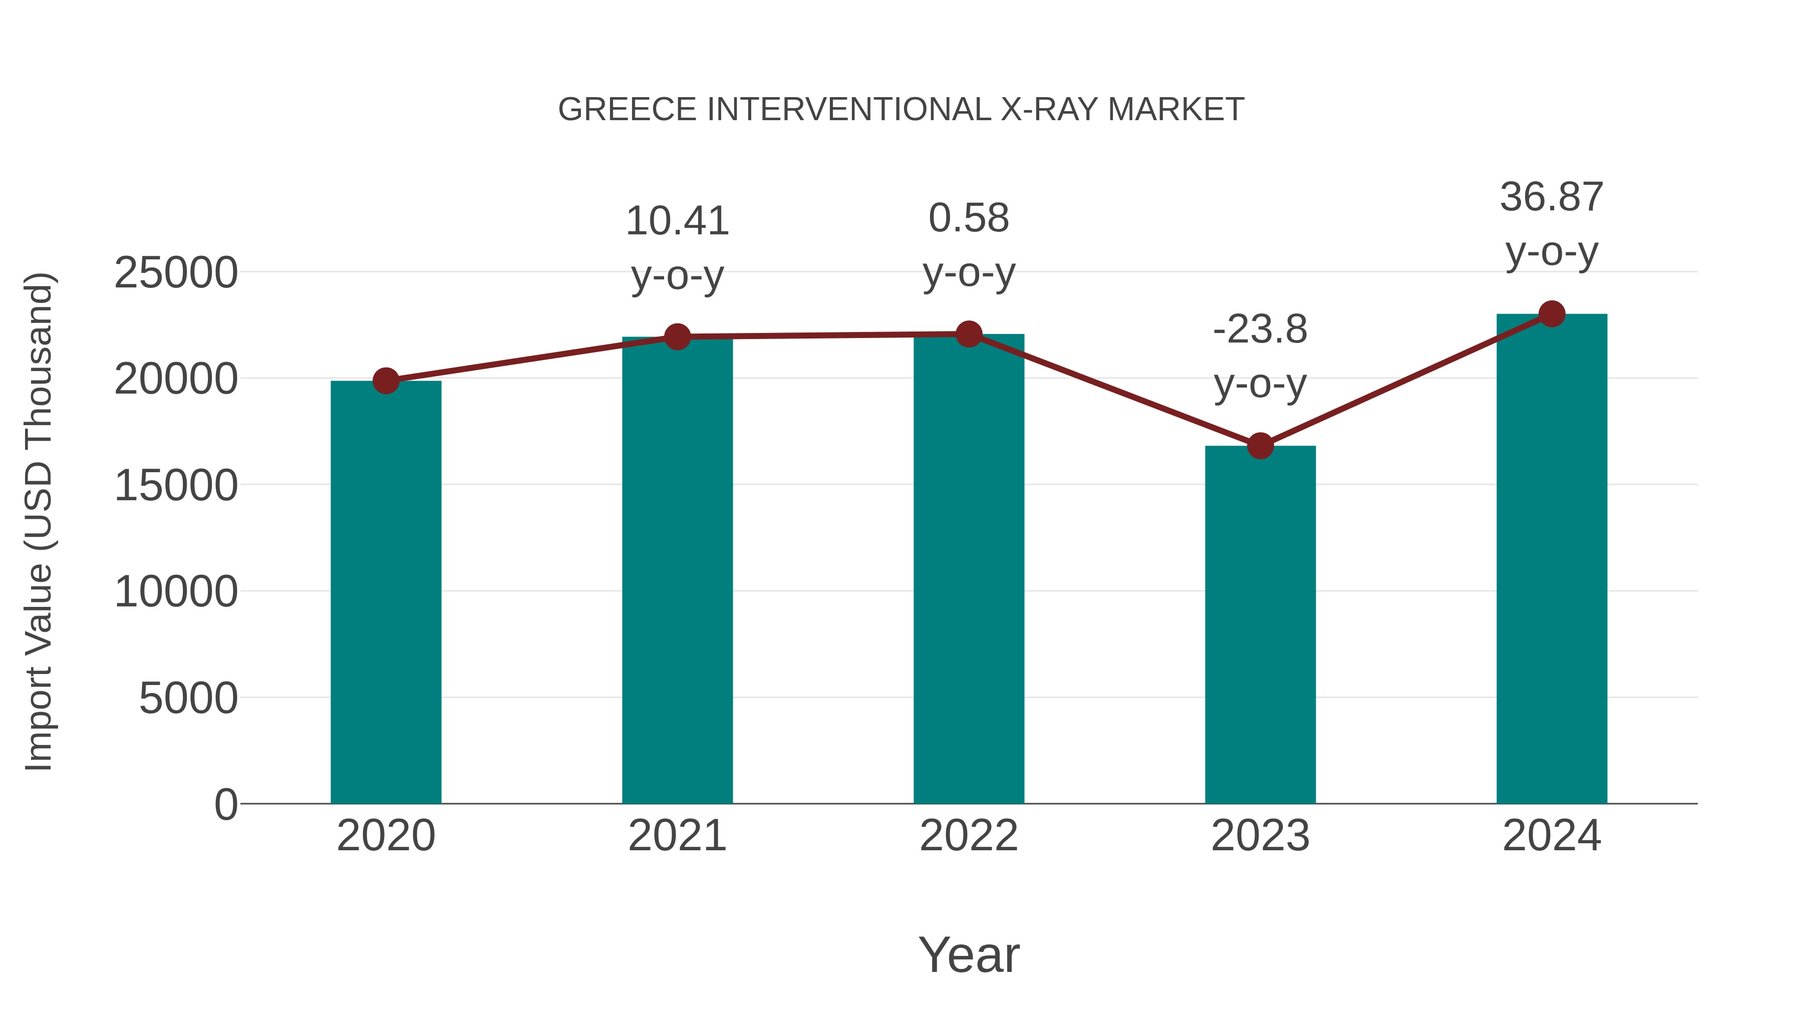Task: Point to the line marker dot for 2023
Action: tap(1260, 446)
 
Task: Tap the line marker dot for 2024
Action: tap(1552, 314)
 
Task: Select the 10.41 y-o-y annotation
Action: tap(677, 248)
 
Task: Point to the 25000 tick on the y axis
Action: tap(176, 273)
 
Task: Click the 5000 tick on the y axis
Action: tap(188, 699)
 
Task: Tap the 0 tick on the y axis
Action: tap(226, 805)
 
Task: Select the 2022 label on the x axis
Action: tap(969, 836)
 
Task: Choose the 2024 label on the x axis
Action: tap(1552, 836)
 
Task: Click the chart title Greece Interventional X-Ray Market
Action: tap(901, 110)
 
